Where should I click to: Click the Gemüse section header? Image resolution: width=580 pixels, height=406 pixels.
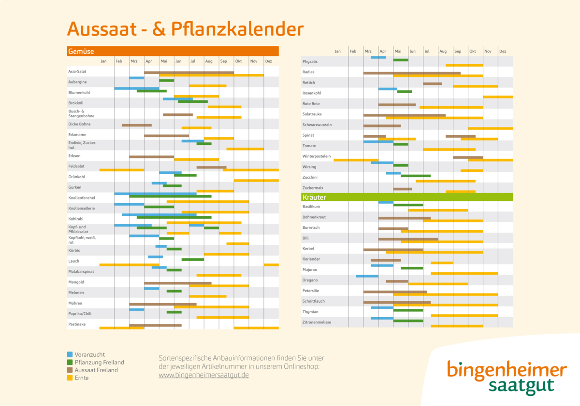81,51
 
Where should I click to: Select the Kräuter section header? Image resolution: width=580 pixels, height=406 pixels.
314,197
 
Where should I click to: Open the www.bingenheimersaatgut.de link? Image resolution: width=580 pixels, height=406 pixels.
203,375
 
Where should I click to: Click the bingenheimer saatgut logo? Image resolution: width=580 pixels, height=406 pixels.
506,378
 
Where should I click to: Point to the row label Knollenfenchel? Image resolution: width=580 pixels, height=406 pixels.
82,198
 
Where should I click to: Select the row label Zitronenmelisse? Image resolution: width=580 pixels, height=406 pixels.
317,322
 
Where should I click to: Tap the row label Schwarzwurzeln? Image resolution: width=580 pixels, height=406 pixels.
317,125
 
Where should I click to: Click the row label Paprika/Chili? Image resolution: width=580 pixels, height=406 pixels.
80,314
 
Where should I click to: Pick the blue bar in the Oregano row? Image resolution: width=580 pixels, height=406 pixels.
367,276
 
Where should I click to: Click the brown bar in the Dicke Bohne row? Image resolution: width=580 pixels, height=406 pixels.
136,125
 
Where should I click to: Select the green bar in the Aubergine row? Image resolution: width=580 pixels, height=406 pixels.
166,81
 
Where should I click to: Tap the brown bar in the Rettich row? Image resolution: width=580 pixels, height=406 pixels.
432,84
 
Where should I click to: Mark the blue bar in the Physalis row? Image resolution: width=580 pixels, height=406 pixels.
378,57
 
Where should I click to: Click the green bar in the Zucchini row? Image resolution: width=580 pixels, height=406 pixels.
415,176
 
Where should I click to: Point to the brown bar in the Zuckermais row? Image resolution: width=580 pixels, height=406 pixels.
403,189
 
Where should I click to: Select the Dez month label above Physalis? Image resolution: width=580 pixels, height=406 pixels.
503,51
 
